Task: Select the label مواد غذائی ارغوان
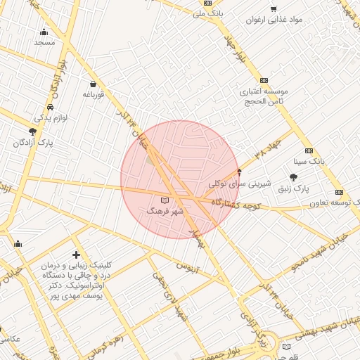coord(274,19)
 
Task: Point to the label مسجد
coord(44,42)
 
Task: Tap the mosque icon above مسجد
coord(44,32)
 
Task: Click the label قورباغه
coord(94,94)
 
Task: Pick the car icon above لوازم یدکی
coord(50,107)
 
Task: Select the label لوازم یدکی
coord(50,117)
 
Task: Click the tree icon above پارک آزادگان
coord(32,131)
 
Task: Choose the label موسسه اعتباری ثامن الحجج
coord(261,96)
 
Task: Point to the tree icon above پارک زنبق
coord(293,177)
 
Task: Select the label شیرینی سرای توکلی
coord(235,183)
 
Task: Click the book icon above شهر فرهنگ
coord(165,200)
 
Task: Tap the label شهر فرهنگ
coord(165,211)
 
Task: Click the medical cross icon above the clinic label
coord(76,255)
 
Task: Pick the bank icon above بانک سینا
coord(309,150)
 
